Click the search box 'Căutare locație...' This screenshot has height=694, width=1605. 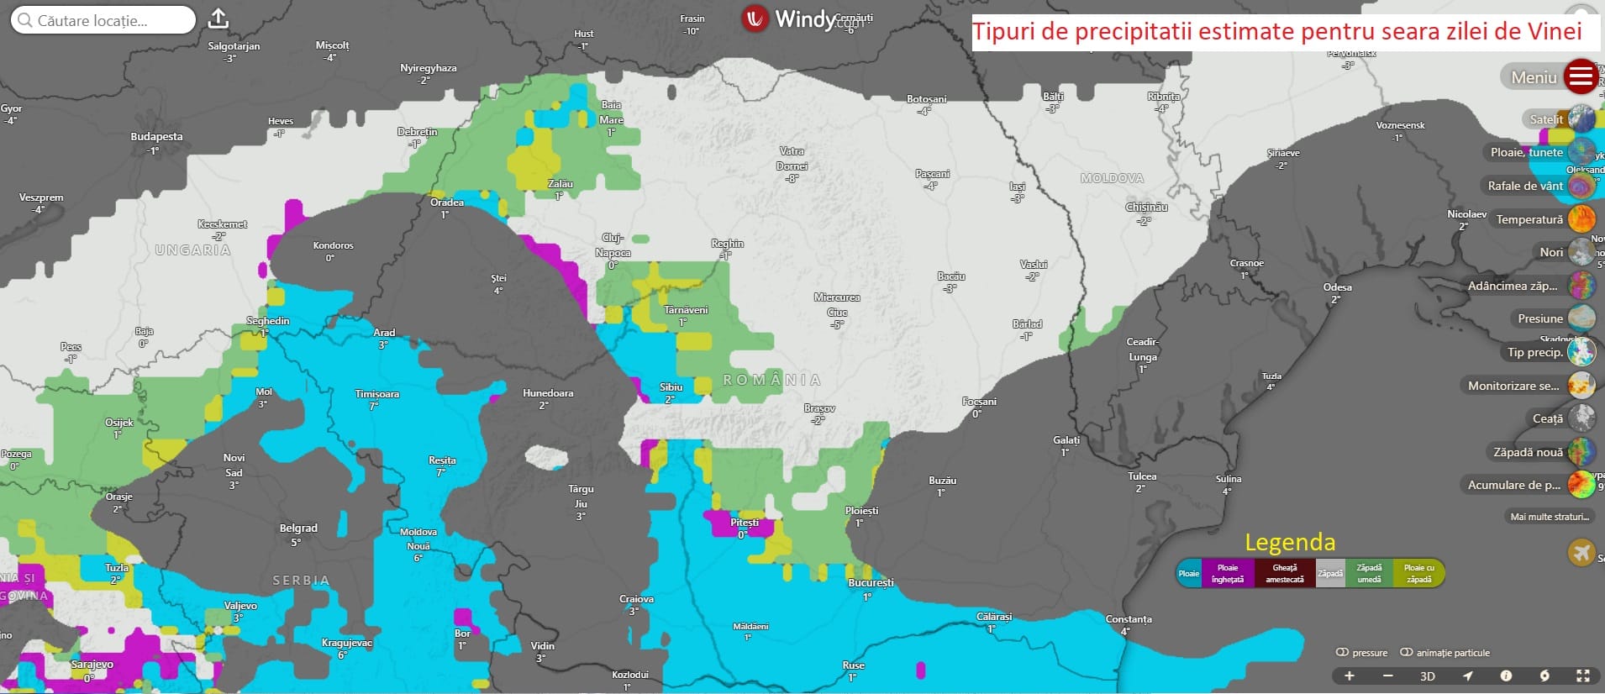pos(103,20)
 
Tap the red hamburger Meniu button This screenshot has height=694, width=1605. pos(1580,77)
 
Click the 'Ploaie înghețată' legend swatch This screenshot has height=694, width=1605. pos(1227,573)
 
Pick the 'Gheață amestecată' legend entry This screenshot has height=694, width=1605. pos(1284,573)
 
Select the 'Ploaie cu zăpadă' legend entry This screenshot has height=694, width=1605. pos(1418,573)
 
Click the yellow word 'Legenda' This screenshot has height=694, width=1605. pos(1289,542)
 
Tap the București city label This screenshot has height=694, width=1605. pos(871,582)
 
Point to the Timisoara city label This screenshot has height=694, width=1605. pos(376,394)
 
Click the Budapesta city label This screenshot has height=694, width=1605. pos(156,137)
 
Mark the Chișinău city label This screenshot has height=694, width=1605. pos(1146,207)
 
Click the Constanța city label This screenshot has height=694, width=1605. pos(1128,619)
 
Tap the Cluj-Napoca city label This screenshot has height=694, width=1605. pos(613,245)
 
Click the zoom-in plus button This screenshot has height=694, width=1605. pos(1350,676)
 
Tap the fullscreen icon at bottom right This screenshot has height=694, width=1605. pos(1583,676)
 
